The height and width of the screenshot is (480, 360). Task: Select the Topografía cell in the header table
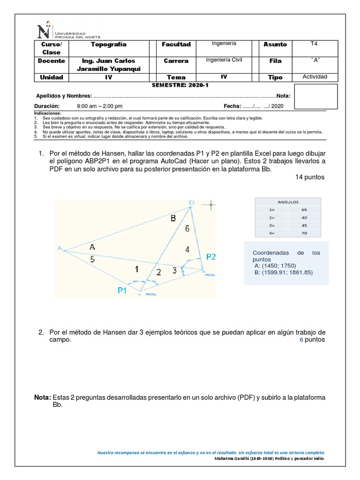(108, 45)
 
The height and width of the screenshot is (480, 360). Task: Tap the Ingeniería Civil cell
(224, 60)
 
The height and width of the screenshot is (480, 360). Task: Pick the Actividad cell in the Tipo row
(315, 77)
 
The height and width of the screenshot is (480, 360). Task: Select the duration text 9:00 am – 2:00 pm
(99, 106)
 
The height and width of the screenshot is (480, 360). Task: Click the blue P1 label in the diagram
(122, 291)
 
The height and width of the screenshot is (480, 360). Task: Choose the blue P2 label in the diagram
(211, 256)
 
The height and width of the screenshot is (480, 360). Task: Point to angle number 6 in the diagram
(187, 229)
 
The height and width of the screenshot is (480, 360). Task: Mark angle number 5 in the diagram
(92, 259)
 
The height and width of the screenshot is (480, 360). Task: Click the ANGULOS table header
(288, 202)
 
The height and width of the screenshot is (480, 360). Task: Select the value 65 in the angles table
(304, 210)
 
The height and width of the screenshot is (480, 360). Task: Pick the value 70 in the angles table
(304, 232)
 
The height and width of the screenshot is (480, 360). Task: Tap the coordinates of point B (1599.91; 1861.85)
(283, 272)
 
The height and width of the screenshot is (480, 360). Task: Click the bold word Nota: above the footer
(43, 397)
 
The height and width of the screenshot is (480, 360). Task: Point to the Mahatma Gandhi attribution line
(268, 458)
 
